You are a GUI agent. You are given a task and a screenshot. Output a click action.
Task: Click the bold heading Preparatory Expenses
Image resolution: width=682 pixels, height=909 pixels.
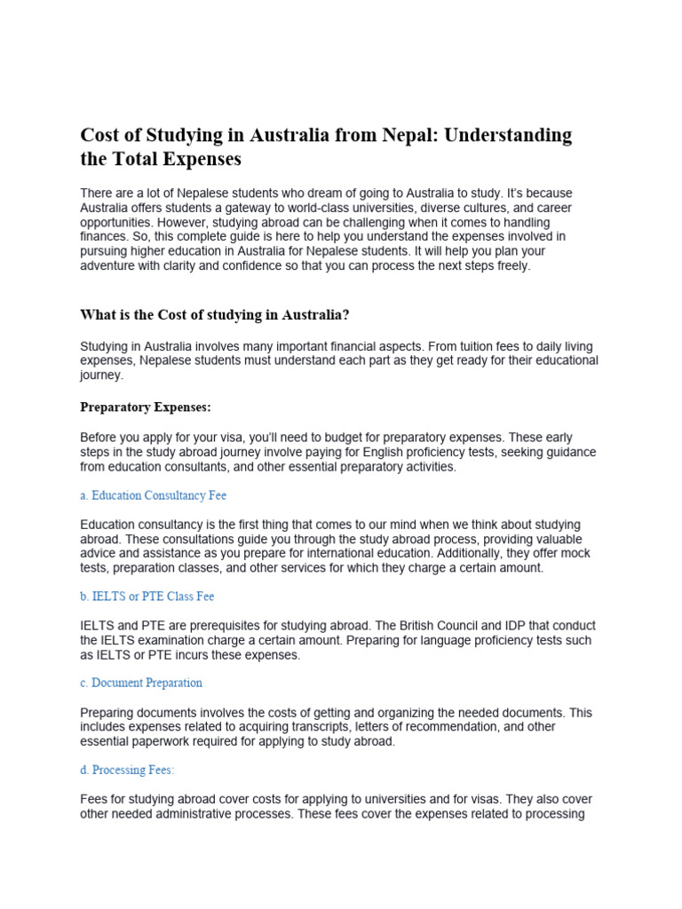(146, 407)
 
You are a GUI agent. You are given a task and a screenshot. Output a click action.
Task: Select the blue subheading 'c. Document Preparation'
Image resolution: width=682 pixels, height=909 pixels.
(141, 683)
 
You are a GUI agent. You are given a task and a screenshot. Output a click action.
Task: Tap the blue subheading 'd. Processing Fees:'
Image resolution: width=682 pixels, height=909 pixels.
(127, 770)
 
